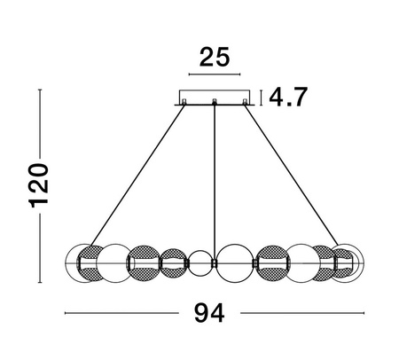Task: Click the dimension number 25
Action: (x=215, y=57)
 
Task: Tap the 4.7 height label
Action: (x=288, y=97)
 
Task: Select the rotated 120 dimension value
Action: (x=38, y=185)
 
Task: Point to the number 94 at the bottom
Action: (x=209, y=313)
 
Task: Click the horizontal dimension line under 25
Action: (x=215, y=74)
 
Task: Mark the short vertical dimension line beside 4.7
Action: (x=261, y=98)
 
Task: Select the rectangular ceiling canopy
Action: (x=215, y=98)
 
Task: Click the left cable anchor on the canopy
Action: (x=184, y=102)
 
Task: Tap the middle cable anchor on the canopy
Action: (x=215, y=102)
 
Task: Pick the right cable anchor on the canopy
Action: (x=245, y=102)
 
